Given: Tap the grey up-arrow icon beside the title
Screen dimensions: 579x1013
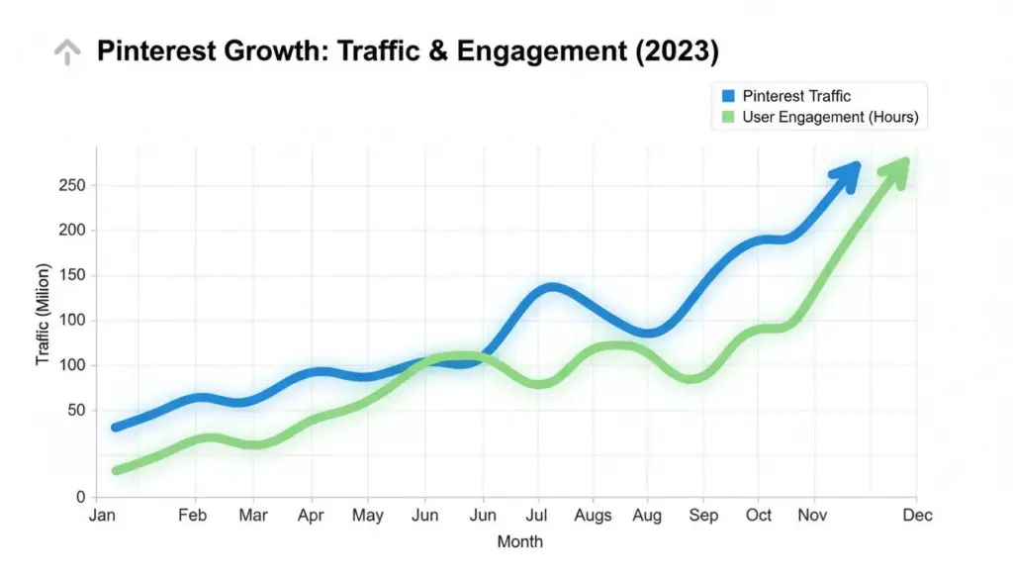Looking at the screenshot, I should point(66,52).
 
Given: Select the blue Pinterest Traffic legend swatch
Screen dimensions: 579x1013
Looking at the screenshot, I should point(729,96).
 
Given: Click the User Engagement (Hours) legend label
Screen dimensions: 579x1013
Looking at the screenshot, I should point(830,117).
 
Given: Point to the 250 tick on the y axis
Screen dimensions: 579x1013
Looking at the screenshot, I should point(73,186).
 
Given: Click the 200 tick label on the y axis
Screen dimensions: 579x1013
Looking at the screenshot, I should point(73,231).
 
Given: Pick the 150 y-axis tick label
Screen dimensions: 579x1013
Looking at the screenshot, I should point(73,276).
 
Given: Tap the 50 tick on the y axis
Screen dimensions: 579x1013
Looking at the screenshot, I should point(77,411).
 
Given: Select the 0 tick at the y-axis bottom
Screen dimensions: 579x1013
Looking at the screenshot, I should point(80,497).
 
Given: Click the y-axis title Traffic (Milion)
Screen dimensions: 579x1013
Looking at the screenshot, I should point(43,315).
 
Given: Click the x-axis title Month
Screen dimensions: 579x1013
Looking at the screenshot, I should point(519,541).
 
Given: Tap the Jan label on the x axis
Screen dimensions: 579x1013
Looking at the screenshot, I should point(101,516).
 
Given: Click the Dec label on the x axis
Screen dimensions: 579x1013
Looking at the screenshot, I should point(917,516).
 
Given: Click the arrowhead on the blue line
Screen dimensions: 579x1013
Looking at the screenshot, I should point(847,176).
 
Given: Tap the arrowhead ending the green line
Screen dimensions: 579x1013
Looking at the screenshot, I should point(896,169).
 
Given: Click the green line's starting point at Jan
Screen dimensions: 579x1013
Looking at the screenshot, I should point(117,470).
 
